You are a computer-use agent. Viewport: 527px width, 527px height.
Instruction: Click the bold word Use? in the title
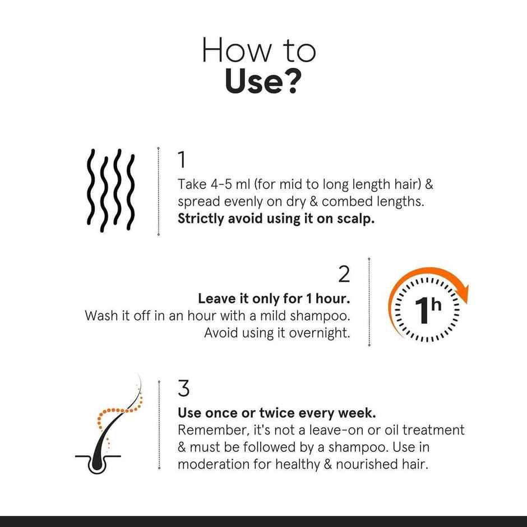pyautogui.click(x=263, y=81)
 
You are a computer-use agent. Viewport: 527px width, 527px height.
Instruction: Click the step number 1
pyautogui.click(x=182, y=160)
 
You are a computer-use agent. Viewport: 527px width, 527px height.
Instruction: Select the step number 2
pyautogui.click(x=344, y=274)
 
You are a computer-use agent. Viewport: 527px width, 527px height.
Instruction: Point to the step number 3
pyautogui.click(x=183, y=388)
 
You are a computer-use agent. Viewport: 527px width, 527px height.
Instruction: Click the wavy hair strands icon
pyautogui.click(x=110, y=190)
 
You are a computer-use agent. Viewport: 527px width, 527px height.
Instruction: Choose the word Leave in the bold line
pyautogui.click(x=216, y=298)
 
